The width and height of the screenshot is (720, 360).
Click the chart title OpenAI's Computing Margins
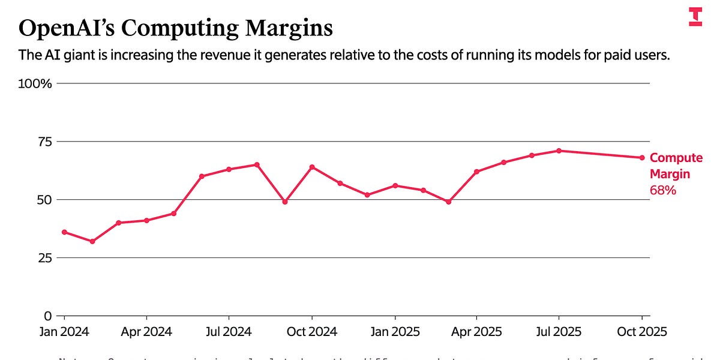pyautogui.click(x=175, y=28)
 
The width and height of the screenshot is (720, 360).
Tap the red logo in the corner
pyautogui.click(x=695, y=17)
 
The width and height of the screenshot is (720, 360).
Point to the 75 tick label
pyautogui.click(x=44, y=142)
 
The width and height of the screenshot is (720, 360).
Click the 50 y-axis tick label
pyautogui.click(x=44, y=199)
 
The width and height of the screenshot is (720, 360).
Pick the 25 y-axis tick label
pyautogui.click(x=44, y=257)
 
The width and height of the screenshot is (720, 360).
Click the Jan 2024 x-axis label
pyautogui.click(x=64, y=332)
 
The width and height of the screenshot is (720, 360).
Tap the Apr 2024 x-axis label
pyautogui.click(x=146, y=332)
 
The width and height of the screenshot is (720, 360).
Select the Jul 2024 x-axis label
pyautogui.click(x=229, y=332)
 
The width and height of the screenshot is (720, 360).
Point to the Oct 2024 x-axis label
pyautogui.click(x=312, y=332)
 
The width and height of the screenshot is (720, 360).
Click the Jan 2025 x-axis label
pyautogui.click(x=394, y=332)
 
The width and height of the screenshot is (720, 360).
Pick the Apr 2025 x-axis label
pyautogui.click(x=476, y=332)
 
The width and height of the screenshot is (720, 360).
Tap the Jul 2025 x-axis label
pyautogui.click(x=559, y=332)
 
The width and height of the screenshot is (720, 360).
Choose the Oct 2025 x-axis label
pyautogui.click(x=642, y=332)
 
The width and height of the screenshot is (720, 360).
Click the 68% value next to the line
pyautogui.click(x=663, y=190)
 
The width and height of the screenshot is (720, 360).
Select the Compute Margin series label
pyautogui.click(x=676, y=166)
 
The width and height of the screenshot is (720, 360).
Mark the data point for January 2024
pyautogui.click(x=64, y=232)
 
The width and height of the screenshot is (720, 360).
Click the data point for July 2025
pyautogui.click(x=559, y=151)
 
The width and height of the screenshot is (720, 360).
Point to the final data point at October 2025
pyautogui.click(x=642, y=158)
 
